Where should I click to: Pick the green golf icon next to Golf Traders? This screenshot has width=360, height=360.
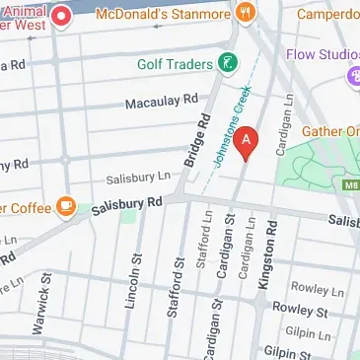[228, 62]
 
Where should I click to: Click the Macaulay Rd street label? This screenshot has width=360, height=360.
[162, 102]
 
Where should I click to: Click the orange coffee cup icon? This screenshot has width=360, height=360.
[66, 206]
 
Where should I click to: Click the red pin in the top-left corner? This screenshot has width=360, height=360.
[60, 16]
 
